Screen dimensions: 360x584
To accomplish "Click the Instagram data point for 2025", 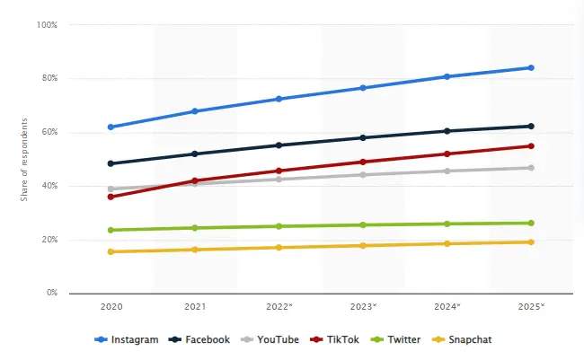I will (531, 67).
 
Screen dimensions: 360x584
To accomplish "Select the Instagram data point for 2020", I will (111, 127).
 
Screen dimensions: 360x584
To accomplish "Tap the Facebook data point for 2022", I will (279, 145).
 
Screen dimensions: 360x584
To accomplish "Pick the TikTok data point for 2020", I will (111, 197).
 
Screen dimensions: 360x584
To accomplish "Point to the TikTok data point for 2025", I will (531, 145).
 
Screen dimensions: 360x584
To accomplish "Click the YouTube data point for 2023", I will (363, 174).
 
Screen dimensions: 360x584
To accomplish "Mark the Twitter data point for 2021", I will (195, 228).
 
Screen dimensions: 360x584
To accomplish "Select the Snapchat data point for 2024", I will (447, 243).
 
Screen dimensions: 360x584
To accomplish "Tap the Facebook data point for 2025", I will (531, 126).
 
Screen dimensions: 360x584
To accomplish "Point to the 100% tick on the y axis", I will (47, 24).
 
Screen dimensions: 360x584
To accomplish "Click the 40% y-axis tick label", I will (49, 186).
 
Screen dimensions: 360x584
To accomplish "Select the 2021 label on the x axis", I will (195, 307).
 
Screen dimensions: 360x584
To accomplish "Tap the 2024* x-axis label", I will (447, 307).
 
